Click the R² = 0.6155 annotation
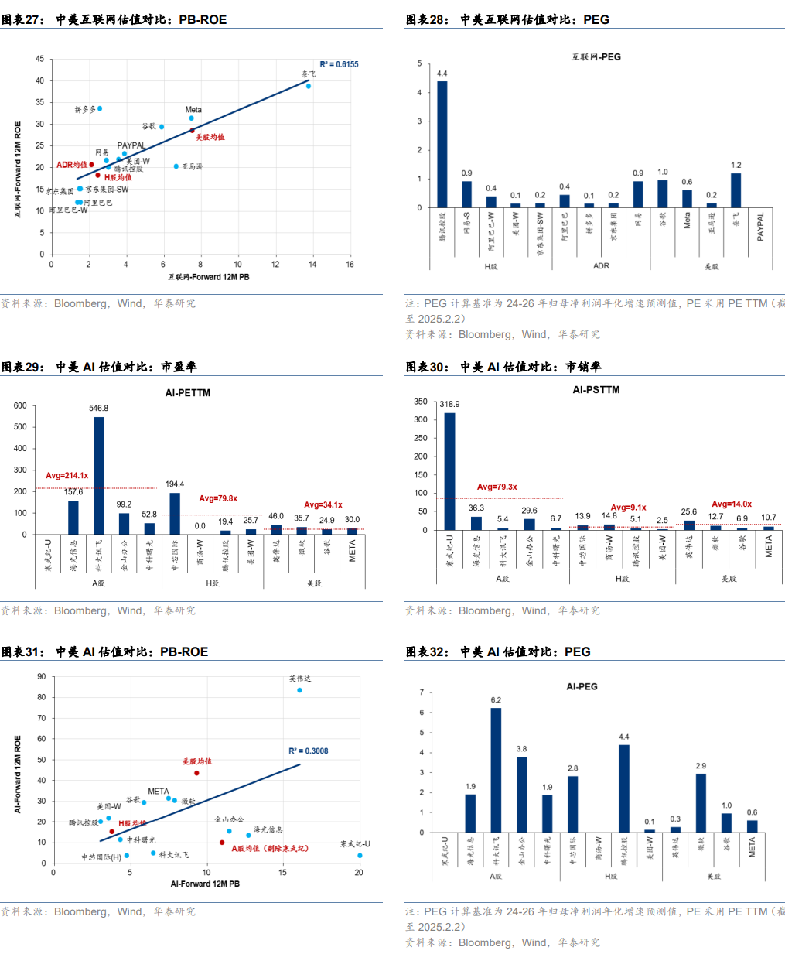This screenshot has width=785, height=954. click(x=339, y=64)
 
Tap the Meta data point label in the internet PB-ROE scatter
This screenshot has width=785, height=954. click(x=193, y=110)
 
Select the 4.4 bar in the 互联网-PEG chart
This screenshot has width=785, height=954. click(x=442, y=144)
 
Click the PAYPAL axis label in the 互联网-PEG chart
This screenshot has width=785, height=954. click(x=760, y=227)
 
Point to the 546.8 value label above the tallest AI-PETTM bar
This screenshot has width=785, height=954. click(x=98, y=408)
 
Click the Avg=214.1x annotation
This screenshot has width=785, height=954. click(x=67, y=476)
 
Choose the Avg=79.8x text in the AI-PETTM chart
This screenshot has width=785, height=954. click(x=218, y=498)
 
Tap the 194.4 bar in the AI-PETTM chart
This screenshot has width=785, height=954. click(x=175, y=514)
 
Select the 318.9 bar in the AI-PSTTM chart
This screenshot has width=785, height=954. click(x=449, y=471)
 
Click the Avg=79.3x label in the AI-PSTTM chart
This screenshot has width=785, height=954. click(x=497, y=487)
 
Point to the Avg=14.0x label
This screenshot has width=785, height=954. click(x=732, y=504)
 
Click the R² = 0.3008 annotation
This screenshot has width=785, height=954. click(x=308, y=751)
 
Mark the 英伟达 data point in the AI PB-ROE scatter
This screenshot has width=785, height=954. click(x=299, y=690)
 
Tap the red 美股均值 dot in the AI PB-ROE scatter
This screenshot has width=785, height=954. click(x=196, y=773)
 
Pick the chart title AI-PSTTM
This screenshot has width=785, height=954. click(x=596, y=390)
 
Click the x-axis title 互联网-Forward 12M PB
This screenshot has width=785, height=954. click(x=209, y=277)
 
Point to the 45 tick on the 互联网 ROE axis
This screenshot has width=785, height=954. click(x=39, y=59)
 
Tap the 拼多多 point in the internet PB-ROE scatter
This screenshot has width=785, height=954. click(x=100, y=108)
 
